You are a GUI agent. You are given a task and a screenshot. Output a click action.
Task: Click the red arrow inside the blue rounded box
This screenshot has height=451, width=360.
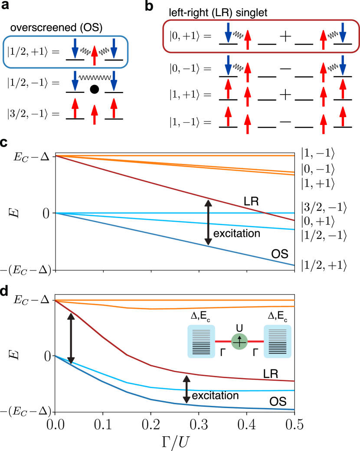point(95,56)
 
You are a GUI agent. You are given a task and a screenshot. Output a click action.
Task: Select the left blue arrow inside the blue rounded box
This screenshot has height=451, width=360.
point(75,49)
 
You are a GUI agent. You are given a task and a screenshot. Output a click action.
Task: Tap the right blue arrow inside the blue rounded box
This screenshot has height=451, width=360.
point(114,49)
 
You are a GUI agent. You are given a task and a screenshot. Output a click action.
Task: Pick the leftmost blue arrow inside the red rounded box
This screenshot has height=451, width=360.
point(228,33)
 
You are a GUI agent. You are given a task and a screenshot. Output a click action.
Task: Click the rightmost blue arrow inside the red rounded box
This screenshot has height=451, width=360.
point(343,33)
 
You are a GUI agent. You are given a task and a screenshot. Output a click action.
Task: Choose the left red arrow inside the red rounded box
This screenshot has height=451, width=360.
point(248,40)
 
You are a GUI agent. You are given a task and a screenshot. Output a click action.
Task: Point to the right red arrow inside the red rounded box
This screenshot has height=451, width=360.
point(323,40)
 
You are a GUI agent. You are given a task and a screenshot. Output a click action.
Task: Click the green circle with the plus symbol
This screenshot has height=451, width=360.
point(239,341)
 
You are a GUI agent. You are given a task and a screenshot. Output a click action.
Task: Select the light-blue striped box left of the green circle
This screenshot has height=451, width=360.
point(201,341)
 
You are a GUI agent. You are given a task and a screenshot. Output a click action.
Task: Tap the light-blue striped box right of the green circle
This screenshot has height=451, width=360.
point(277,341)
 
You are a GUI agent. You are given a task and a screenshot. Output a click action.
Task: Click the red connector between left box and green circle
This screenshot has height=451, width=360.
point(223,341)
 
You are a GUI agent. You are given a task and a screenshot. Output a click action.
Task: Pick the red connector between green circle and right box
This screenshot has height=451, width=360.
point(255,341)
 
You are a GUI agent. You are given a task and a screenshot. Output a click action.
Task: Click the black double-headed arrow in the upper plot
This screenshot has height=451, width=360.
point(208,222)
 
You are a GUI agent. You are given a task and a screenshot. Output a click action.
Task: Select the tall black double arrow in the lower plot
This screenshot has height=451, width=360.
point(71,338)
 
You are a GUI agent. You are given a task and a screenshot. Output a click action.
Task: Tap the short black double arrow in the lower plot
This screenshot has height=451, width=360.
point(187,389)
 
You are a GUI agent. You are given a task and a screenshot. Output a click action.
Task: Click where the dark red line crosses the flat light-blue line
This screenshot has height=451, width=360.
point(265,213)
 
